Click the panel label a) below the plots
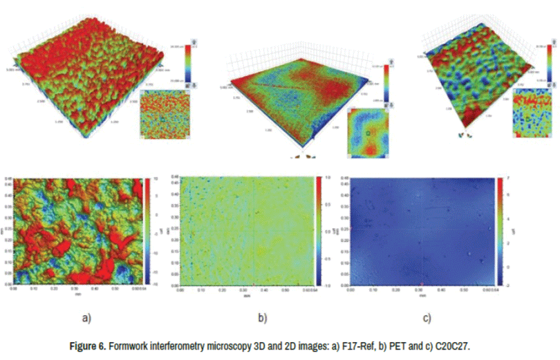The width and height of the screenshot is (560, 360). pyautogui.click(x=86, y=319)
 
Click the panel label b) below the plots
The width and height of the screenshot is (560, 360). pyautogui.click(x=263, y=319)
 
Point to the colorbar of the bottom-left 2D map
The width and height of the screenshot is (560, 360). pyautogui.click(x=147, y=231)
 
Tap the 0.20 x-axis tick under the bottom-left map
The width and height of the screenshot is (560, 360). pyautogui.click(x=54, y=290)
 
